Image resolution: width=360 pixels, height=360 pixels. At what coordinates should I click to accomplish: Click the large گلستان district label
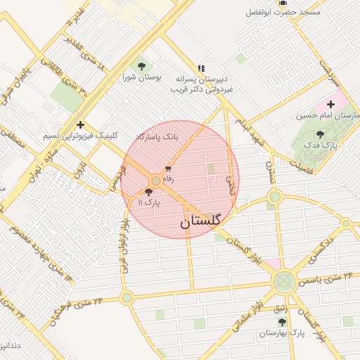[200, 221]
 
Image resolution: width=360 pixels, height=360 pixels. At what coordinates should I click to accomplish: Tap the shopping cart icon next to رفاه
[168, 169]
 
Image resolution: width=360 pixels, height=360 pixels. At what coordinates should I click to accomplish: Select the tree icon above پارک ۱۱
[148, 191]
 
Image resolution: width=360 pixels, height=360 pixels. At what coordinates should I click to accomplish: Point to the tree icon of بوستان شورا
[143, 65]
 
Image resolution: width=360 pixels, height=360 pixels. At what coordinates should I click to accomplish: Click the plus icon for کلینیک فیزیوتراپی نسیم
[81, 124]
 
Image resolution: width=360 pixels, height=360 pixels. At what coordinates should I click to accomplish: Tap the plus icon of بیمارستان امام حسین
[330, 104]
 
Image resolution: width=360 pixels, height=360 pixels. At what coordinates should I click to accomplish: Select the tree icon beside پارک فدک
[321, 134]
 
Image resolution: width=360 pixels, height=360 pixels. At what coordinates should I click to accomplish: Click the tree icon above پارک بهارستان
[283, 321]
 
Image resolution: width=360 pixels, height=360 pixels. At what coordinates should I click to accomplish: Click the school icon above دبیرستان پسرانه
[201, 69]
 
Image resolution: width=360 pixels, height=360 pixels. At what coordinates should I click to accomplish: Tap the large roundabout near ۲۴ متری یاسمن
[284, 283]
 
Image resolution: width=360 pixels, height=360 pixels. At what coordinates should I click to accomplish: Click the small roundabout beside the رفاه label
[155, 181]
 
